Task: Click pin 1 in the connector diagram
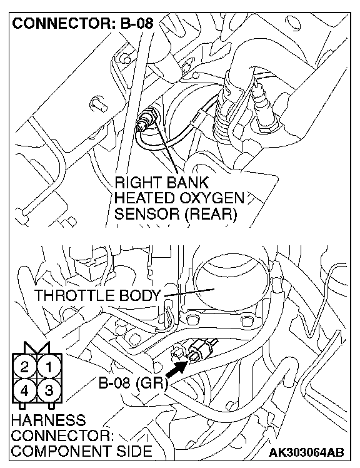pos(49,367)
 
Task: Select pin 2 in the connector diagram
pos(25,367)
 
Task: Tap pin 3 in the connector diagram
pos(49,390)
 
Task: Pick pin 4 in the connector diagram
pos(25,390)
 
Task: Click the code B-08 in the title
pos(137,23)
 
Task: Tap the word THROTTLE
pos(74,295)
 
